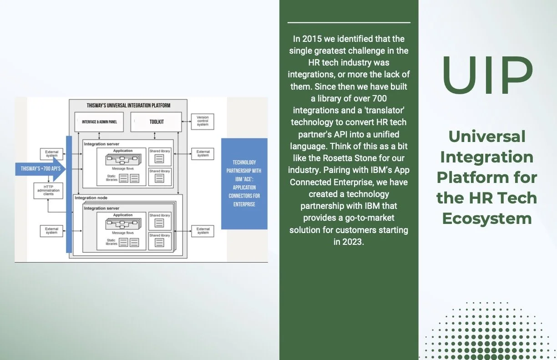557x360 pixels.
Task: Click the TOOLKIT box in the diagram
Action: point(156,122)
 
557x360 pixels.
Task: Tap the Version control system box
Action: point(203,121)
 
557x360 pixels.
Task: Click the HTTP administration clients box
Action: point(49,190)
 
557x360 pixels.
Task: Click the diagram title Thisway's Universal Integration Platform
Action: point(128,106)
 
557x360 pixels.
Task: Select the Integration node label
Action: point(92,198)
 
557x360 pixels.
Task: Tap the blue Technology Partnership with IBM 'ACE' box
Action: point(244,183)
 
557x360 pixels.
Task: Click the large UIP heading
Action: point(487,75)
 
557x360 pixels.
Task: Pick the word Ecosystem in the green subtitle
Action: point(487,218)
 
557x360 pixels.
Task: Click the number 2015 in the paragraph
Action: point(314,39)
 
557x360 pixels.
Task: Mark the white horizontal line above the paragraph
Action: point(349,22)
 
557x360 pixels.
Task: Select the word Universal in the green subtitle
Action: point(487,136)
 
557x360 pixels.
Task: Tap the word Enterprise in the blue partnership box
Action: point(244,204)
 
